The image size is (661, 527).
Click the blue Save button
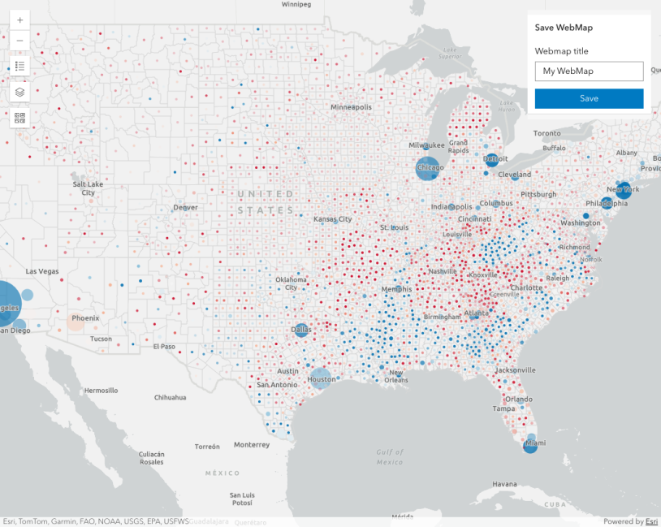589,98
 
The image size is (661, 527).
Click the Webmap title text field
589,71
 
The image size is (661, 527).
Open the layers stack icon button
20,92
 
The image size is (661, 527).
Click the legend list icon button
20,66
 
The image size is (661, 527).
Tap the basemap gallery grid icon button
20,118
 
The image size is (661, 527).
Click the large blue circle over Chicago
428,168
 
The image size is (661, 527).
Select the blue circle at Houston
321,378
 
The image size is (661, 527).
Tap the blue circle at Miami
531,445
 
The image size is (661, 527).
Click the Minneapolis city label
351,107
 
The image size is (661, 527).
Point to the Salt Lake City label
88,188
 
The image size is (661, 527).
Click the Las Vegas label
42,271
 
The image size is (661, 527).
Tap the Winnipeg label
296,4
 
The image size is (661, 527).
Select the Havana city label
503,484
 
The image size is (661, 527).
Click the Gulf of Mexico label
390,456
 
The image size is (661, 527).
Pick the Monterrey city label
251,445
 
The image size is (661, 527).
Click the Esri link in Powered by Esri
651,521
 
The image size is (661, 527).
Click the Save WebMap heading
564,28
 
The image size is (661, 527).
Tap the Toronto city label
547,133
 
